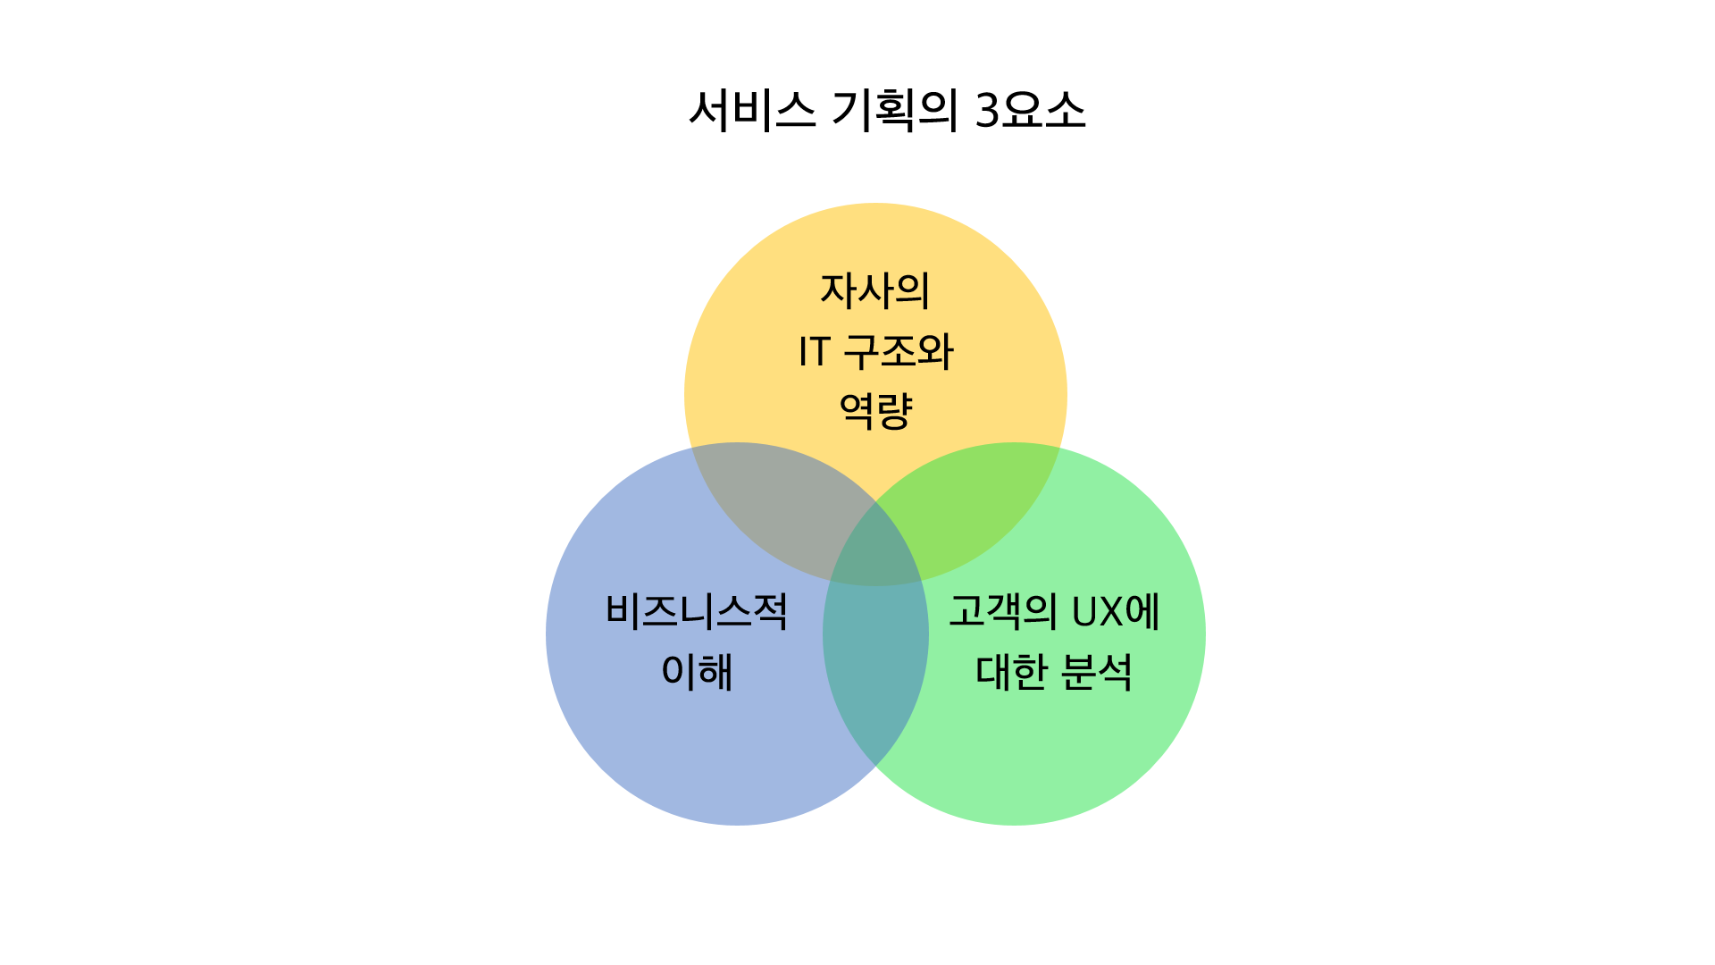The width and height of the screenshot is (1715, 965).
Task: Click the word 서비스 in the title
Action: (752, 111)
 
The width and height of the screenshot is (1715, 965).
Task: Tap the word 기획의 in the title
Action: (894, 111)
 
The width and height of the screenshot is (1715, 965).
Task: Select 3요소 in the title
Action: (1030, 111)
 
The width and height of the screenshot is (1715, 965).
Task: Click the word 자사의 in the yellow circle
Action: (875, 291)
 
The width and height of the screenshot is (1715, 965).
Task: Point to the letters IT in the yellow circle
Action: (815, 352)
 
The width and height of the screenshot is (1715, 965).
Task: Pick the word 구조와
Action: (899, 351)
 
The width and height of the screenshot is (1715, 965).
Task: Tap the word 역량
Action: (875, 411)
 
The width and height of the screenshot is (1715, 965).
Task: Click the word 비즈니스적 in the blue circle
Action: (697, 612)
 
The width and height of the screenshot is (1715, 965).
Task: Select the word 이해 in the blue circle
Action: (697, 672)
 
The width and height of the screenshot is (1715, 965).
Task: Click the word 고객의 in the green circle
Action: (1002, 612)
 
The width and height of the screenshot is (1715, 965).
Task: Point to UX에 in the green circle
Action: (1116, 612)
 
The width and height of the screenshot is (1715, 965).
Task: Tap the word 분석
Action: (1097, 672)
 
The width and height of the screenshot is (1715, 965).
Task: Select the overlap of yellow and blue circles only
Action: (786, 509)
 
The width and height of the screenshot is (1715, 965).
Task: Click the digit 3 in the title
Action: (987, 111)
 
